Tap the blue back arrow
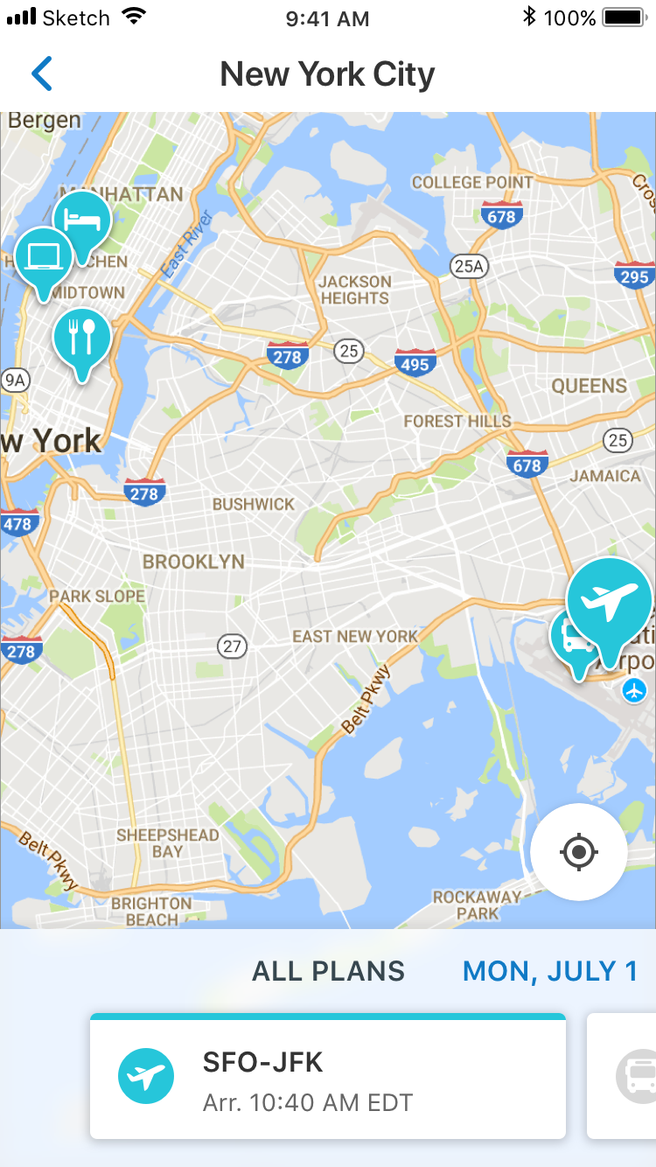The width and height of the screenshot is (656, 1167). point(42,74)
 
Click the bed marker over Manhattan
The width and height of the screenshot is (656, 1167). point(83,218)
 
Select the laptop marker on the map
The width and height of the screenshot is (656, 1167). point(43,255)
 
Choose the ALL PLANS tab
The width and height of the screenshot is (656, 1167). point(328,971)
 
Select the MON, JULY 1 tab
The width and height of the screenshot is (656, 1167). point(550,971)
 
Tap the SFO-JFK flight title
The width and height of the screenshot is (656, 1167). point(263,1062)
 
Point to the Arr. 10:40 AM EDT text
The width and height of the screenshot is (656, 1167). point(307,1102)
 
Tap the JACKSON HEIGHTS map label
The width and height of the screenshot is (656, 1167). point(354,290)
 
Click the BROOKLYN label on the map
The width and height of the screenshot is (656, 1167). point(193,562)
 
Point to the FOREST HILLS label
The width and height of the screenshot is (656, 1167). point(457,421)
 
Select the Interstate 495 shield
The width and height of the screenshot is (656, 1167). point(415,362)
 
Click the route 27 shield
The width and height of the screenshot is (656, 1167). point(232,646)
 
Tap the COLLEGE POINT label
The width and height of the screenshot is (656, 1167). point(471,183)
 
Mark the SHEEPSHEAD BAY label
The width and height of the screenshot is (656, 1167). point(168,842)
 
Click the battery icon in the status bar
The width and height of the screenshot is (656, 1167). point(623,17)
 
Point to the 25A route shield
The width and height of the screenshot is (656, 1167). point(468,265)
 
